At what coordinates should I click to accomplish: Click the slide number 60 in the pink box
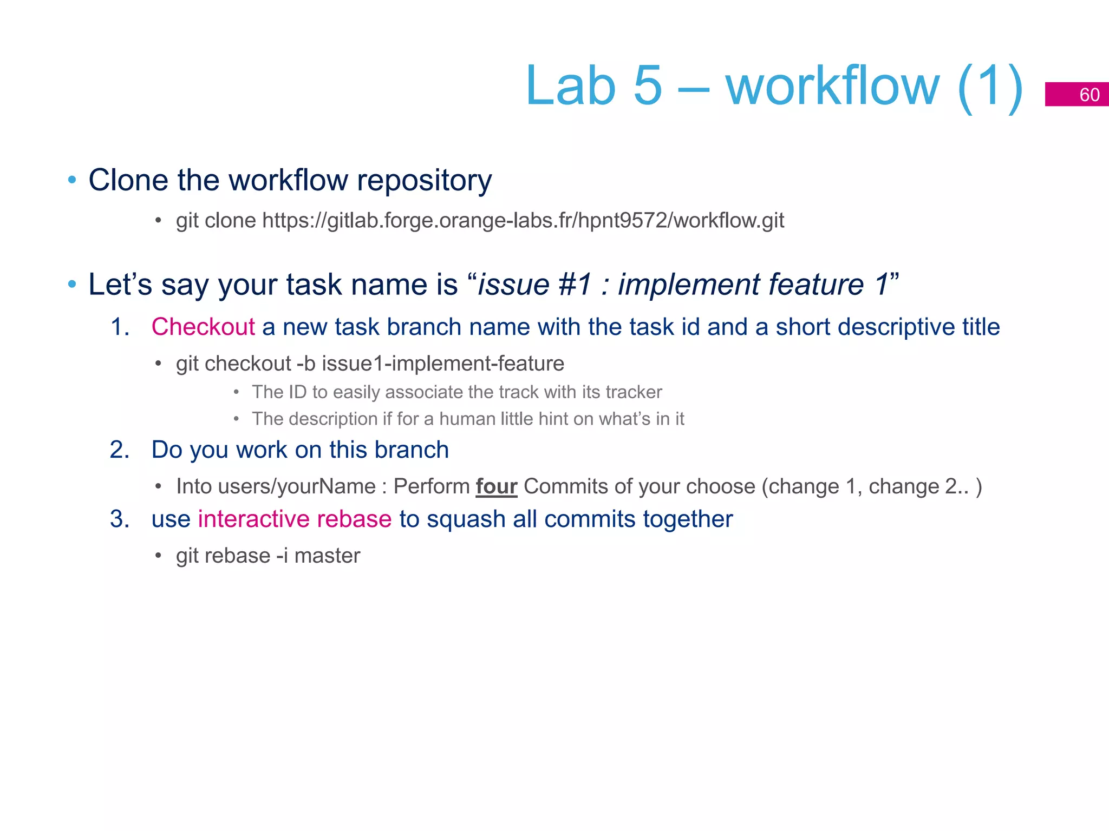click(1089, 95)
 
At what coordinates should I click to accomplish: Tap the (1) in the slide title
click(989, 87)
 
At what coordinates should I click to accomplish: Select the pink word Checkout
click(203, 327)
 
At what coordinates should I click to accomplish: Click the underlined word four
click(496, 486)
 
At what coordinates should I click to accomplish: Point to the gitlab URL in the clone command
click(523, 220)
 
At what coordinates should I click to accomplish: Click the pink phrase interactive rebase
click(295, 519)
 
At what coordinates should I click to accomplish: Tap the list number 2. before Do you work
click(120, 450)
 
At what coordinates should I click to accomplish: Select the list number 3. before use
click(120, 519)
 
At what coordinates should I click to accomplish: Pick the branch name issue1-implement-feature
click(443, 364)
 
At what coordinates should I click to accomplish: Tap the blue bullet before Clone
click(72, 180)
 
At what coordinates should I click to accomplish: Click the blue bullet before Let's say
click(72, 285)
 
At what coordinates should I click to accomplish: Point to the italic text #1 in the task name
click(575, 285)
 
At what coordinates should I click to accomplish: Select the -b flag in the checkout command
click(306, 364)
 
